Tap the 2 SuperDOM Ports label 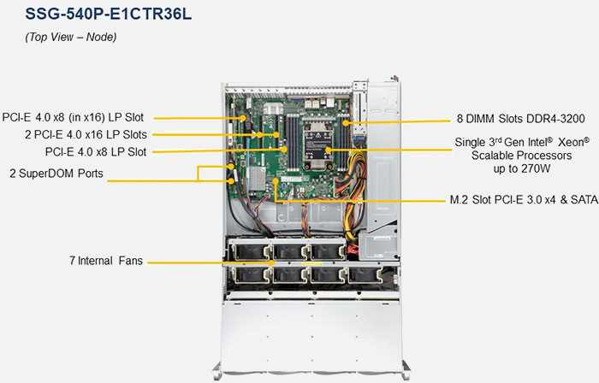[x=56, y=173]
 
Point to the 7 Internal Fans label [x=106, y=260]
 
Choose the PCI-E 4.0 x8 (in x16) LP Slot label [x=73, y=116]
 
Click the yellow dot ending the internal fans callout [x=272, y=261]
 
